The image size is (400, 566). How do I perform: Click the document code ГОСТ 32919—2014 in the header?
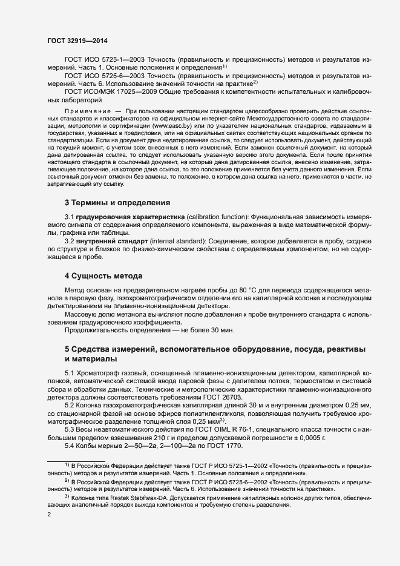(77, 40)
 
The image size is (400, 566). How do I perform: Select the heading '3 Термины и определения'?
(117, 202)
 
